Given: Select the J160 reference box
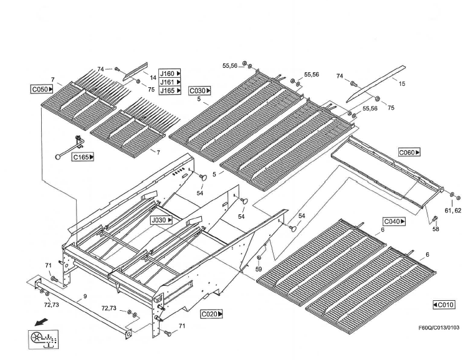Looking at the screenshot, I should [x=170, y=73].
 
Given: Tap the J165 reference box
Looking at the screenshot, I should [x=170, y=91].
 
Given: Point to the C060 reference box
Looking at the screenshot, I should [x=409, y=152].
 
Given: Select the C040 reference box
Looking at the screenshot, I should [x=394, y=221].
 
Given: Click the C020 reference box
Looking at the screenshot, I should [x=211, y=314].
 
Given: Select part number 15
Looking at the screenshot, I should [x=401, y=83].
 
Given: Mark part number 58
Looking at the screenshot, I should [x=436, y=230].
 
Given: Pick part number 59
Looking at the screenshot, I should [x=259, y=269].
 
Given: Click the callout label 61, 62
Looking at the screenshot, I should [x=454, y=211].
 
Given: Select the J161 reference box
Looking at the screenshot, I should [x=170, y=82].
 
